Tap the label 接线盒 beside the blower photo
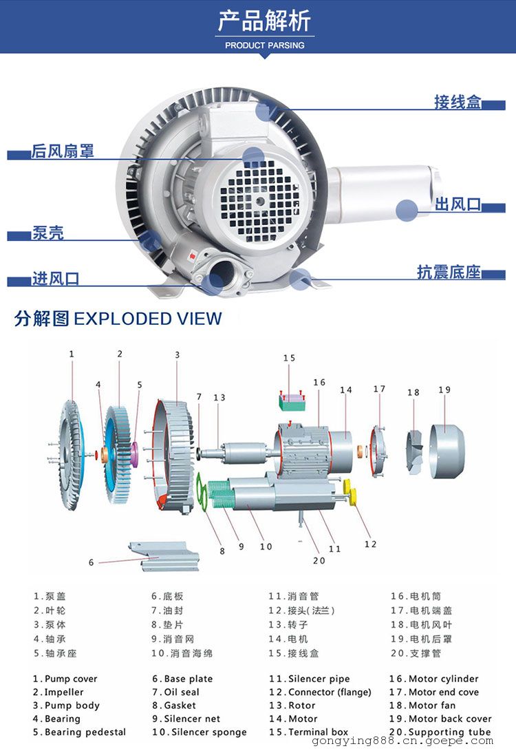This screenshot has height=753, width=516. [457, 102]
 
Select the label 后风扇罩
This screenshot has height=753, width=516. [63, 151]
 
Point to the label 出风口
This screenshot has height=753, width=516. [458, 204]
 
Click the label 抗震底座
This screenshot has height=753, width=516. [449, 272]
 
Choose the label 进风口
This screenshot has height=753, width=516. [56, 279]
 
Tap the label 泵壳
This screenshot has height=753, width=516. [47, 233]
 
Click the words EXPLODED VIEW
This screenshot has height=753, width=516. [148, 319]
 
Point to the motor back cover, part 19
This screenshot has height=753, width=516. [447, 452]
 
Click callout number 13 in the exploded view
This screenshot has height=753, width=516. [219, 398]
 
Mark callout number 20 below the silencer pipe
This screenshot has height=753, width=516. [319, 560]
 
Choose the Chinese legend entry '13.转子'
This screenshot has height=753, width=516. [288, 625]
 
